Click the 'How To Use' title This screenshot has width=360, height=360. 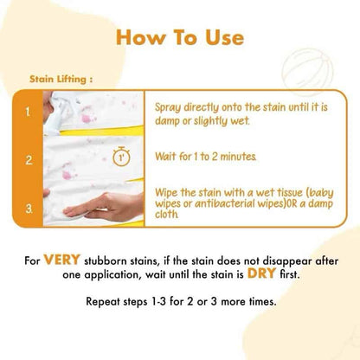[x=180, y=37]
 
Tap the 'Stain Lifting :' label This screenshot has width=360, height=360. [x=61, y=79]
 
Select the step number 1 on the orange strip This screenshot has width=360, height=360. [x=28, y=112]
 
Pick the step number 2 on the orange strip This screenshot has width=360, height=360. [x=29, y=160]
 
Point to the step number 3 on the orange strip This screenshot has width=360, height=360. [x=29, y=209]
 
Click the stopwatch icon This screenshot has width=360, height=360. [x=121, y=157]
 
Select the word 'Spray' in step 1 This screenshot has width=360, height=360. [x=168, y=108]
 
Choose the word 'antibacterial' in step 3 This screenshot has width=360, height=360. [x=225, y=203]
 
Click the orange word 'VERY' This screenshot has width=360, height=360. [x=61, y=260]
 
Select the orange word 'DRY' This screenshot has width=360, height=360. [x=262, y=273]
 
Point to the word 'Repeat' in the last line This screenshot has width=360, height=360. [x=103, y=302]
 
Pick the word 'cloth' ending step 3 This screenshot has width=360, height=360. [x=166, y=214]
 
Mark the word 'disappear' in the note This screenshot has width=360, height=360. [x=287, y=261]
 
